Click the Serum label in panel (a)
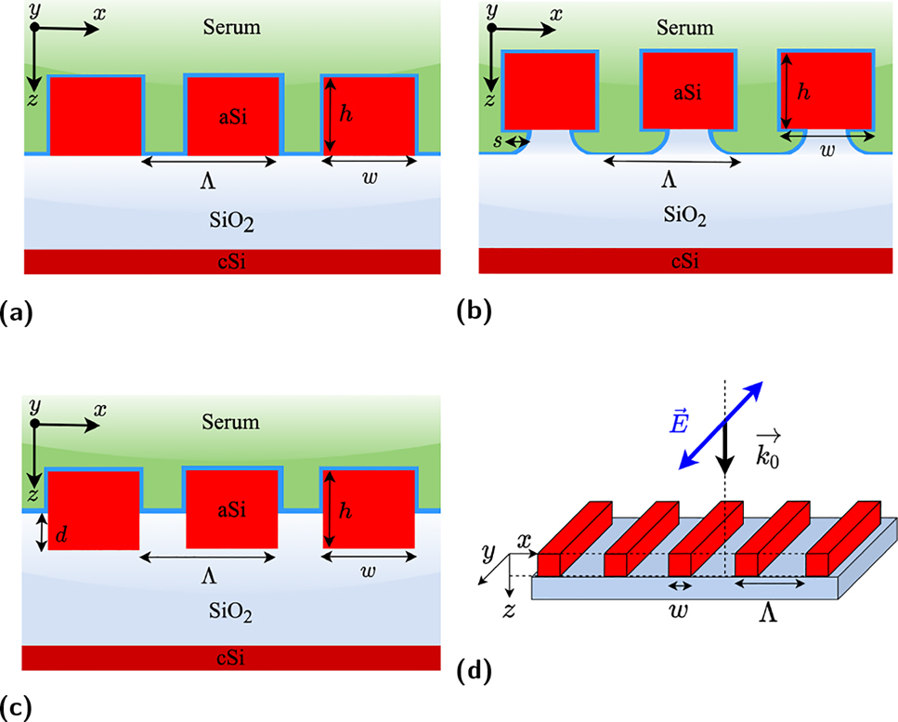point(232,27)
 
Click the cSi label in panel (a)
point(232,263)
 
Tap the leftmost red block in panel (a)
point(96,116)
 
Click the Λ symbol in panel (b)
point(671,181)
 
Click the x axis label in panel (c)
point(99,408)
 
